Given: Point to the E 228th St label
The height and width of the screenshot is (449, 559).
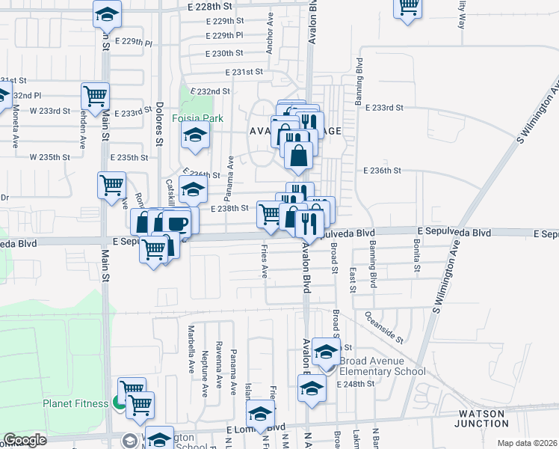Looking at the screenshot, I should click(x=210, y=5).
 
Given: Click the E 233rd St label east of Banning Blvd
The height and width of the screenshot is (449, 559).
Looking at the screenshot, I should click(x=383, y=108).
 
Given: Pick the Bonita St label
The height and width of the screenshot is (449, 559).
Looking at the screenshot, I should click(x=415, y=255).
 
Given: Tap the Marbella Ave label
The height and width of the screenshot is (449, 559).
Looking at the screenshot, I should click(x=191, y=343).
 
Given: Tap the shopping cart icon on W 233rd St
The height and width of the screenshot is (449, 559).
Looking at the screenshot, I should click(x=96, y=95).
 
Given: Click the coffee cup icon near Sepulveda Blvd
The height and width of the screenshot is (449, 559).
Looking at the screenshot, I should click(x=176, y=222).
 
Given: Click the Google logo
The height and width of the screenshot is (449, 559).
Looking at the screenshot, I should click(x=25, y=440).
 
